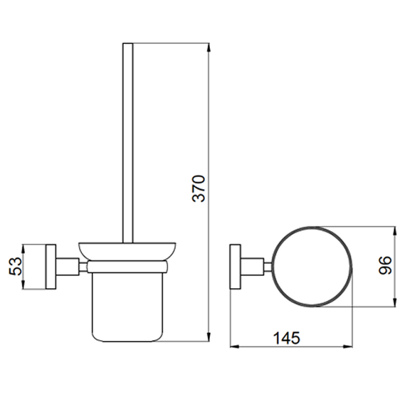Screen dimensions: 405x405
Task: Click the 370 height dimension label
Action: tap(199, 188)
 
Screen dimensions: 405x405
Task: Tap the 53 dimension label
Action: tap(16, 267)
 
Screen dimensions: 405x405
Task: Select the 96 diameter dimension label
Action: tap(385, 265)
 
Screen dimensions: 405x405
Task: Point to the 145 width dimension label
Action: tap(286, 338)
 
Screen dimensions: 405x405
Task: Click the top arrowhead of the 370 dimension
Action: tap(209, 49)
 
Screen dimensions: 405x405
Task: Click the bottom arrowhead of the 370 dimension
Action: tap(209, 336)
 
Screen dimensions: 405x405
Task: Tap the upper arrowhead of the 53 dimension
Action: tap(23, 250)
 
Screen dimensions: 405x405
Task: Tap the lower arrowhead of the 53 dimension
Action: tap(23, 283)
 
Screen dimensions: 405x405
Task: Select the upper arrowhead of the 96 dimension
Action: tap(394, 232)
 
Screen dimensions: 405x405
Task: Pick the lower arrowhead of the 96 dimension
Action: tap(394, 302)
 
